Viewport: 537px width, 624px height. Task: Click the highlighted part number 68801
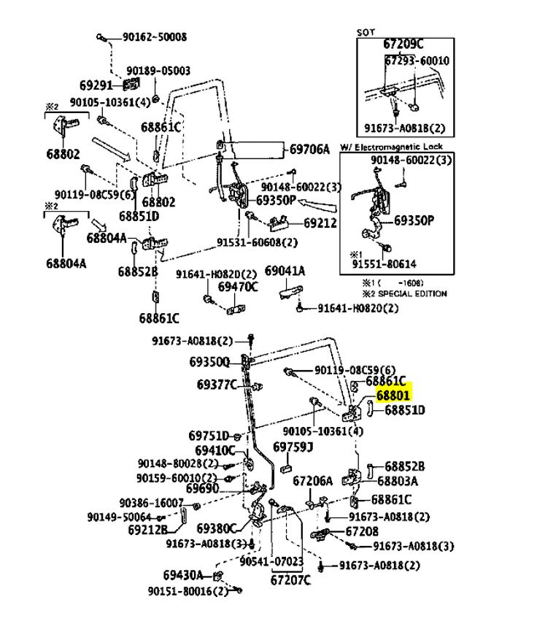pos(394,395)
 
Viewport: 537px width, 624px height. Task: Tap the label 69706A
pos(309,150)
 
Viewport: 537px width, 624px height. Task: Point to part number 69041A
pos(285,271)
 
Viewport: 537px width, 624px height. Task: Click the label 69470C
pos(238,286)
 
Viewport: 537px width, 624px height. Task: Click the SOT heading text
pos(365,32)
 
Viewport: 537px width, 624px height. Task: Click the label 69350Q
pos(209,361)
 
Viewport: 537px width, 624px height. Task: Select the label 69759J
pos(293,446)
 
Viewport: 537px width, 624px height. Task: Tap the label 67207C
pos(290,580)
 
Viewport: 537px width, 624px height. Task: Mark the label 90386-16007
pos(152,503)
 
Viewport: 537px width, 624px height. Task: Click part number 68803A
pos(398,480)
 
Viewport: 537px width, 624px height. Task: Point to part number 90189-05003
pos(158,71)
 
